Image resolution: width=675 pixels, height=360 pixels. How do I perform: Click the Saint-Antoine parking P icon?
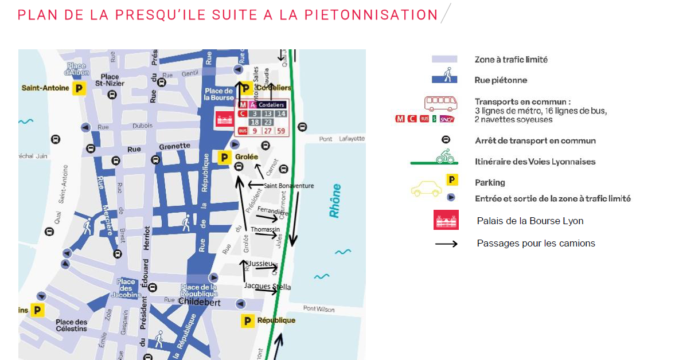[79, 88]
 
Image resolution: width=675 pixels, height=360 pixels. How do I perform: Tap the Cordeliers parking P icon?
[245, 88]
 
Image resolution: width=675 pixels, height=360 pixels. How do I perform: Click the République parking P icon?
[247, 321]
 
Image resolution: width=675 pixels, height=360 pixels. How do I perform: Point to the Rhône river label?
[335, 201]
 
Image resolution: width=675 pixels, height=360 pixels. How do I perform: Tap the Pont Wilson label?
[318, 309]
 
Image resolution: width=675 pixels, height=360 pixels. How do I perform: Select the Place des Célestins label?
[72, 325]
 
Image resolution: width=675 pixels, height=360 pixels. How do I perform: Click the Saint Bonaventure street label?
[288, 185]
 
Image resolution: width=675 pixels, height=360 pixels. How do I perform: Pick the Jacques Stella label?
[267, 286]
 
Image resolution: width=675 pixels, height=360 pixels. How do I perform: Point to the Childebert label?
[200, 302]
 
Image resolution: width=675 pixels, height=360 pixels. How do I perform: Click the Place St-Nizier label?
[110, 80]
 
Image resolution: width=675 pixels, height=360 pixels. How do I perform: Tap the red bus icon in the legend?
[440, 103]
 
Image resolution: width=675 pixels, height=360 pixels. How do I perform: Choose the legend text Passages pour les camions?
[536, 243]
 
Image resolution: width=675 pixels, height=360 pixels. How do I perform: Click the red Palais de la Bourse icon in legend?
[446, 220]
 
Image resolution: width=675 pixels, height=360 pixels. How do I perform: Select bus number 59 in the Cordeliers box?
[280, 131]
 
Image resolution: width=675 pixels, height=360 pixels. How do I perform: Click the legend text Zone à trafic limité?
[511, 59]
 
